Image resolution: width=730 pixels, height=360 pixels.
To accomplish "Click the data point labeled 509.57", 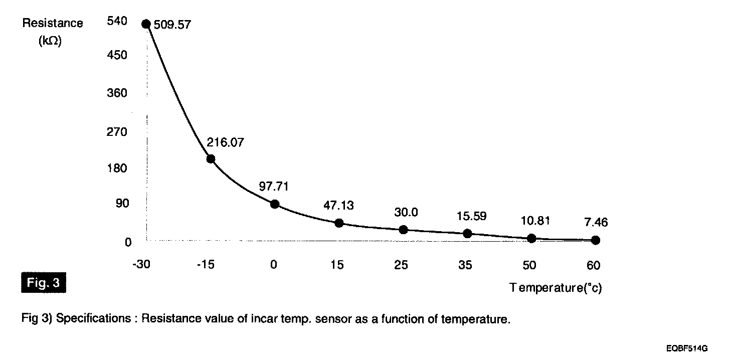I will click(146, 24).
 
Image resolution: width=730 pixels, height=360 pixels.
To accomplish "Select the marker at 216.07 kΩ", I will click(211, 159).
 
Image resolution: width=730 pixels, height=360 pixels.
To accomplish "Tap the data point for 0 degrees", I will click(274, 204).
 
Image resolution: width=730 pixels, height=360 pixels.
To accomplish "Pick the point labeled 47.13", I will click(339, 223).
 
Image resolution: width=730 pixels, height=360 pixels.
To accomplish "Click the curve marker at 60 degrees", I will click(595, 240).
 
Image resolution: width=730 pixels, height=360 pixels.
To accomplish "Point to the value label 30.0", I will click(406, 212).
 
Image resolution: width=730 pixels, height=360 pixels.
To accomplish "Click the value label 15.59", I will click(471, 217).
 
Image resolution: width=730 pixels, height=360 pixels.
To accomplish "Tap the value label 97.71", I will click(274, 186).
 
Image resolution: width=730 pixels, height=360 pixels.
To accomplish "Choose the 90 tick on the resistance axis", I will click(122, 204).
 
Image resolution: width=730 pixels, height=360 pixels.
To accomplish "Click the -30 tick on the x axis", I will click(141, 265).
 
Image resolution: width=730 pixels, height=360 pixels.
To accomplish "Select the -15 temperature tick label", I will click(206, 265).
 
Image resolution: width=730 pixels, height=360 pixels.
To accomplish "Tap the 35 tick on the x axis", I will click(465, 265).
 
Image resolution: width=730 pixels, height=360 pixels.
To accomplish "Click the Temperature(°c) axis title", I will click(556, 288).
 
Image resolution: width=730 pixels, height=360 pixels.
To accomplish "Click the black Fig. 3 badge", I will click(44, 283).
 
